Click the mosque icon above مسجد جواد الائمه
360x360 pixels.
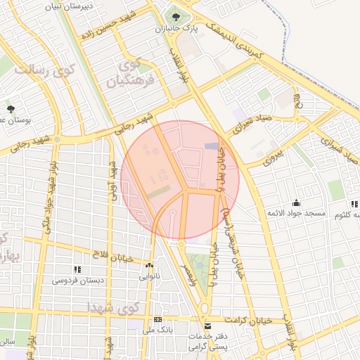click(295, 202)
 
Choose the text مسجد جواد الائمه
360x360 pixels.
click(295, 212)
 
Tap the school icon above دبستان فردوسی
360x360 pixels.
click(77, 269)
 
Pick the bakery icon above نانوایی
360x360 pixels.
click(149, 266)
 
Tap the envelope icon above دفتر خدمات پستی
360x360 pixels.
click(207, 326)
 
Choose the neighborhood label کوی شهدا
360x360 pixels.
click(111, 308)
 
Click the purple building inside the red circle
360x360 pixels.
click(211, 146)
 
